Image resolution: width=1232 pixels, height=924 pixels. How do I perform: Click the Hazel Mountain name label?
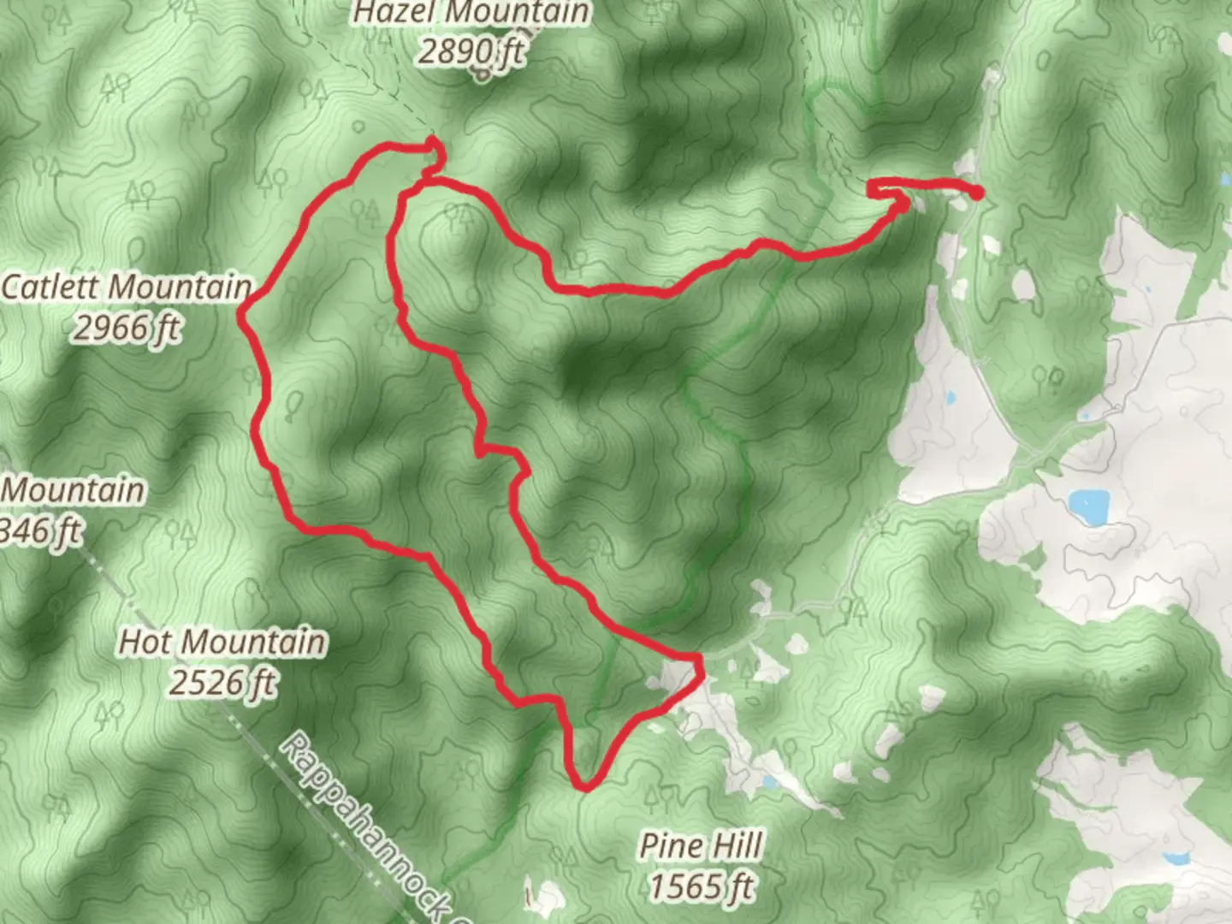coord(471,13)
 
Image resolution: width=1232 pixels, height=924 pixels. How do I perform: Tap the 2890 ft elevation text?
coord(471,50)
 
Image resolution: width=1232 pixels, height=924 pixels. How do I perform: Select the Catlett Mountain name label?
coord(127,287)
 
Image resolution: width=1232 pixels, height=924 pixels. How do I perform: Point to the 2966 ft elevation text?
coord(127,327)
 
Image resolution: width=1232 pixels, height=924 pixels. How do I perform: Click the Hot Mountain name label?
coord(222,642)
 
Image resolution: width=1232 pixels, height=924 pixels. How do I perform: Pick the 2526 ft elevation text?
coord(222,683)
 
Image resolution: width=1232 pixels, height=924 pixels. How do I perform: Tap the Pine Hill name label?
coord(701,846)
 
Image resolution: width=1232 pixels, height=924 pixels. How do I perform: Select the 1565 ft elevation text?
coord(701,885)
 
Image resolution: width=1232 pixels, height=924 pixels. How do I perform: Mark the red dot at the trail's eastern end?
coord(975,192)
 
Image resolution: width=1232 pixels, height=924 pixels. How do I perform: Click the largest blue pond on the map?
coord(1088,506)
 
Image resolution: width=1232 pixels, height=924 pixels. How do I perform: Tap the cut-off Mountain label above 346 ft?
coord(74,491)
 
